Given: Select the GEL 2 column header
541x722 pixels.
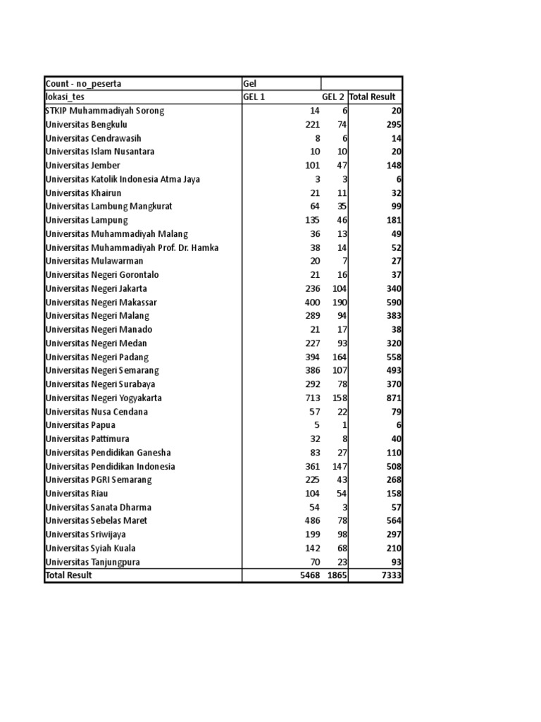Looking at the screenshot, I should (x=333, y=97).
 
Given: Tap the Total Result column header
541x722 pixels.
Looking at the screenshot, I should (x=373, y=97).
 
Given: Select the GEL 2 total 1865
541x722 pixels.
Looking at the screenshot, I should (x=337, y=576).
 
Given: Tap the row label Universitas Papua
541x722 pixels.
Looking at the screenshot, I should (x=80, y=425).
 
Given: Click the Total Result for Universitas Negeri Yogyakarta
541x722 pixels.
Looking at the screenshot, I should (x=393, y=398).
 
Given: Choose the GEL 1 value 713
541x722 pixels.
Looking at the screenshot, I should (x=311, y=398).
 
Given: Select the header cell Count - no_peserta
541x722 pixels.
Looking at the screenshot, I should (x=83, y=84).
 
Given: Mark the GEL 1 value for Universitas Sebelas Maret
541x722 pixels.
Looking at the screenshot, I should (x=311, y=521).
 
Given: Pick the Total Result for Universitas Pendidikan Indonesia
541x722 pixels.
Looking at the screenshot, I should (x=393, y=467).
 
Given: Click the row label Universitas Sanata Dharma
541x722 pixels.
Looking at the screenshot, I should (x=98, y=508).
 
